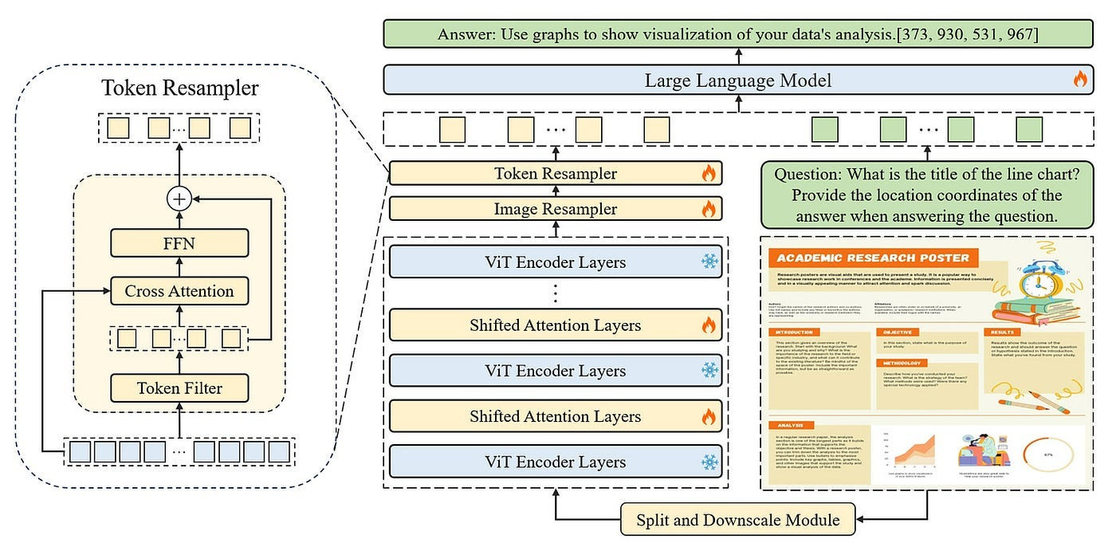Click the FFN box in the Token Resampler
179,242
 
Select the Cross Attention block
179,291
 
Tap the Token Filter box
179,388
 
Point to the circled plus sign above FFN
179,199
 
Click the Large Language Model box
737,80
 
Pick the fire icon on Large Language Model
1079,79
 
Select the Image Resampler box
555,209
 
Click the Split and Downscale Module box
737,520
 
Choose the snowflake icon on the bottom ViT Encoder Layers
709,462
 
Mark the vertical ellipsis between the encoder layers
556,293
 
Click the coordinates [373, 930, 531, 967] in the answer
948,35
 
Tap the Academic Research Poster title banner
873,258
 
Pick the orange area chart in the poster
915,451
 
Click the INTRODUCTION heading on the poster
793,332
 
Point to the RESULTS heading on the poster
1001,332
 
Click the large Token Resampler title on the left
179,88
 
